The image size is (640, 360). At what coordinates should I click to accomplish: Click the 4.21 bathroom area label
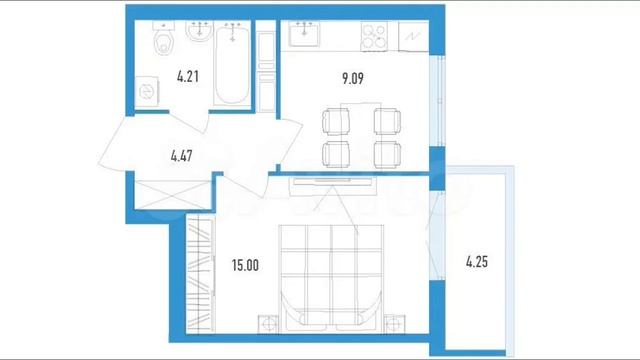click(x=188, y=76)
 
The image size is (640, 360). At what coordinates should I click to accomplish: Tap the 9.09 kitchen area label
click(x=353, y=78)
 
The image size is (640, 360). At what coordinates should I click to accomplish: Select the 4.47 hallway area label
click(x=182, y=156)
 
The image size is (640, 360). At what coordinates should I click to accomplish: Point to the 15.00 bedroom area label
click(x=245, y=265)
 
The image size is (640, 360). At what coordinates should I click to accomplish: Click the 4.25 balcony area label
click(x=477, y=262)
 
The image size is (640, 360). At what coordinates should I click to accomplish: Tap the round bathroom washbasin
click(x=199, y=31)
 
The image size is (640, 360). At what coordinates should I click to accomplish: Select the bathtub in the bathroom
click(x=232, y=64)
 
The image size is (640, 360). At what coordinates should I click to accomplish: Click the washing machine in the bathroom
click(x=147, y=91)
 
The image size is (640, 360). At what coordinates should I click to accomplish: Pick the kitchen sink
click(x=304, y=33)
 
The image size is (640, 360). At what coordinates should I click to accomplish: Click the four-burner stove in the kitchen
click(x=374, y=37)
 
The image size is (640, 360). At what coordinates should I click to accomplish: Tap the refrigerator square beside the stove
click(x=413, y=36)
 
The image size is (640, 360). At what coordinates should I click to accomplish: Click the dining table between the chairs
click(x=361, y=135)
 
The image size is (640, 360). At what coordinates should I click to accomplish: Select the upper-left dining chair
click(x=336, y=122)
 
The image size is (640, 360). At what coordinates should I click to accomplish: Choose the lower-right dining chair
click(x=387, y=154)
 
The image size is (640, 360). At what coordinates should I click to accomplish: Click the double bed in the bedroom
click(x=331, y=278)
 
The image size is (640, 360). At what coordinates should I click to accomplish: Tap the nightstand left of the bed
click(x=268, y=324)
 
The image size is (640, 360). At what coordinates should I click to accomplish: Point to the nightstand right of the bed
click(x=394, y=324)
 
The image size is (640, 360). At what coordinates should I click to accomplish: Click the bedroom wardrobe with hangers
click(x=200, y=275)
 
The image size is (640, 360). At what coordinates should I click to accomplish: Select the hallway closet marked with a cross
click(x=173, y=195)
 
